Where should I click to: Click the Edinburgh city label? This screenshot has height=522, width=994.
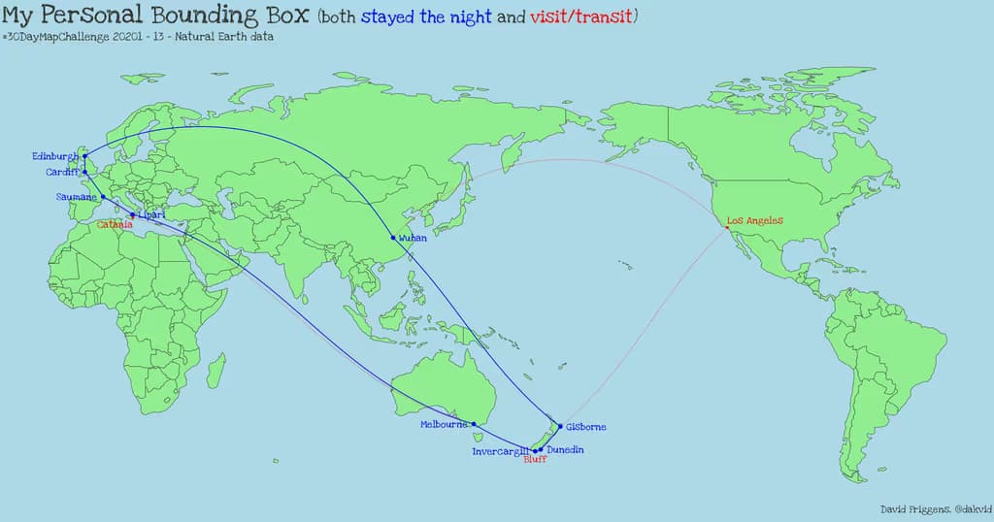tap(55, 156)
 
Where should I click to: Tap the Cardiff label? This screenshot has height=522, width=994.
tap(62, 173)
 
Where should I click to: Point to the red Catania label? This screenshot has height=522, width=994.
tap(115, 225)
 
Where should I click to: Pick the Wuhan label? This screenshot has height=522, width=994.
tap(413, 238)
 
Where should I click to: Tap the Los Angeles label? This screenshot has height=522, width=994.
tap(755, 221)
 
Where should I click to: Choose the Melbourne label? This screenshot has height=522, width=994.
tap(445, 425)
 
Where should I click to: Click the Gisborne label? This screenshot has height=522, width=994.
tap(586, 427)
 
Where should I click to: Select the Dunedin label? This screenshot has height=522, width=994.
tap(565, 450)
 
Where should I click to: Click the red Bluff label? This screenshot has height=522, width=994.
tap(535, 460)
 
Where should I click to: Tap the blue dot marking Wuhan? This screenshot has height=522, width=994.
tap(393, 238)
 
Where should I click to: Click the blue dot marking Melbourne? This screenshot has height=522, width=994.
tap(474, 424)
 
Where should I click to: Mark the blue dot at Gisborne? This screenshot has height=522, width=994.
tap(560, 426)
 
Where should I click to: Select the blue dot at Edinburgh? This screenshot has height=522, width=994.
tap(84, 155)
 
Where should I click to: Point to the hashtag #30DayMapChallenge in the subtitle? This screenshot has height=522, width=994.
tap(58, 37)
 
